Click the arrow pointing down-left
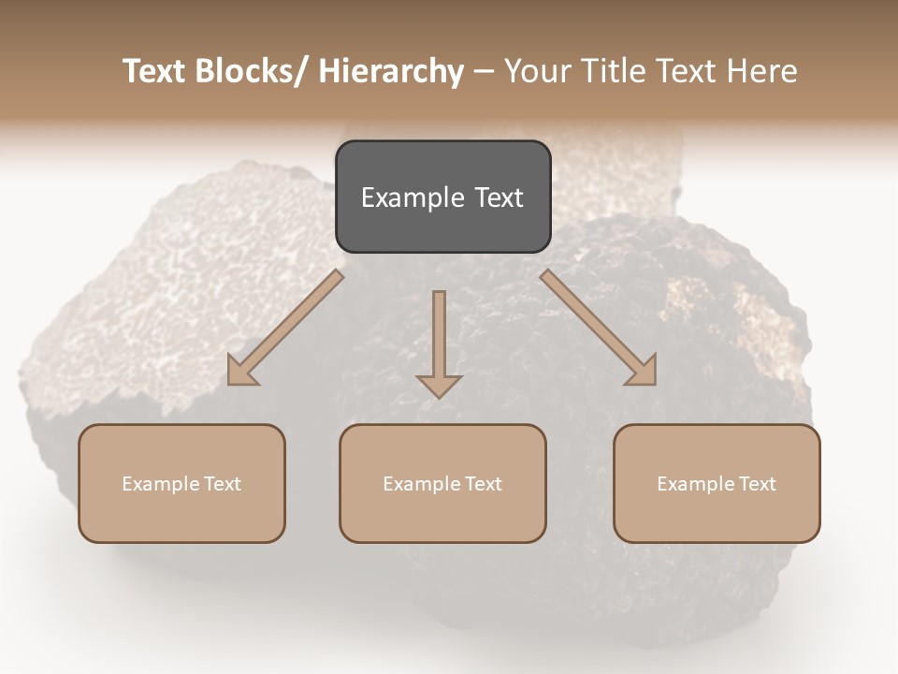(x=285, y=328)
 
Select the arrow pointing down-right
(x=599, y=328)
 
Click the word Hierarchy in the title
(x=392, y=71)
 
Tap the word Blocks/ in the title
(x=248, y=71)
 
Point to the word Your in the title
(x=537, y=71)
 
